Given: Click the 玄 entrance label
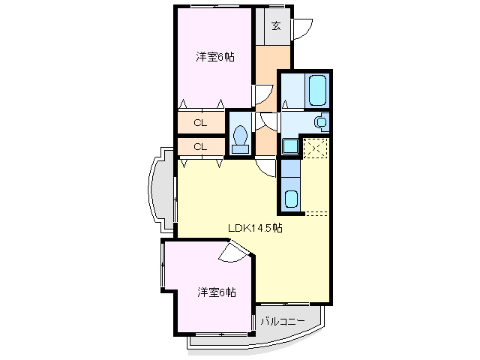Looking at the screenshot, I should [x=275, y=26].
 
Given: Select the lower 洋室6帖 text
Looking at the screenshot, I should [x=217, y=292].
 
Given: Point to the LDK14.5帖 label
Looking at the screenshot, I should [x=255, y=228].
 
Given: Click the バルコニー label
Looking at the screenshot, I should [x=283, y=322].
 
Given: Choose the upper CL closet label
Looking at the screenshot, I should [x=200, y=122].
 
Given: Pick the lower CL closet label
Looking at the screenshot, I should [x=200, y=146].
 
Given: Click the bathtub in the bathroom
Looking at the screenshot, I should [x=318, y=91].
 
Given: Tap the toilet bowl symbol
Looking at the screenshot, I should [x=241, y=138].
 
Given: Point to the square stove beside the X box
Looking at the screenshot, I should [x=290, y=147].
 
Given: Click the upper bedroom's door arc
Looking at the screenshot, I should [x=262, y=94].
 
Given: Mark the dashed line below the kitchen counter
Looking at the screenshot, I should [x=316, y=214].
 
